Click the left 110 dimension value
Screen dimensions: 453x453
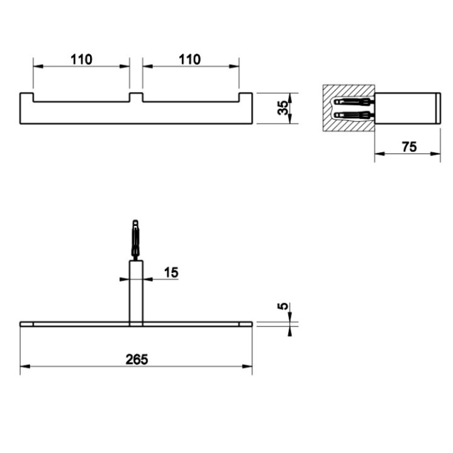coord(81,59)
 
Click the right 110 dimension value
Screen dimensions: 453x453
coord(190,59)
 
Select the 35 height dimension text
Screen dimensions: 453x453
coord(284,108)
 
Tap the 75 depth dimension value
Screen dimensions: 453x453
coord(409,147)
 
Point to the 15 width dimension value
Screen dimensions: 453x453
coord(171,272)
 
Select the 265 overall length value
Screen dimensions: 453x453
coord(136,359)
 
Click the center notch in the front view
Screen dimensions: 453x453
coord(136,98)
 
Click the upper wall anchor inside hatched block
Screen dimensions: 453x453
coord(353,102)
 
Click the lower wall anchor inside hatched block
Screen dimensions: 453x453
coord(353,115)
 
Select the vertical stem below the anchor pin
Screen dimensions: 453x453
coord(136,293)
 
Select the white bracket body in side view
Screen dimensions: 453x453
coord(406,108)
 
